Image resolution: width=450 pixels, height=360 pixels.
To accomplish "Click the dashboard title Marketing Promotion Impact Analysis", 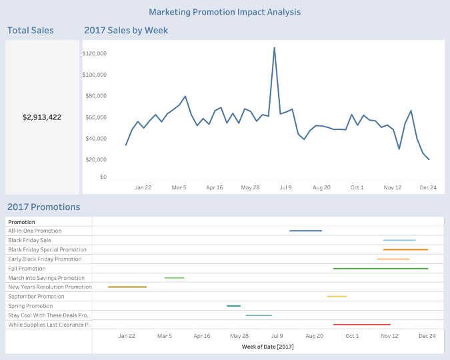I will [225, 12].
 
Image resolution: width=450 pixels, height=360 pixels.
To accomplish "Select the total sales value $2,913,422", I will [42, 117].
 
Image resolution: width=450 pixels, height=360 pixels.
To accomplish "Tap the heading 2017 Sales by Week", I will [126, 30].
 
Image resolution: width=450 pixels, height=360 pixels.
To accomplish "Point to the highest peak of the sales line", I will [274, 48].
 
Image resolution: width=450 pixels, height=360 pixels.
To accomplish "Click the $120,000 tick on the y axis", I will [94, 53].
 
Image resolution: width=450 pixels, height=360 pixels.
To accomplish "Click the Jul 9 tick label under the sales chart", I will [285, 187].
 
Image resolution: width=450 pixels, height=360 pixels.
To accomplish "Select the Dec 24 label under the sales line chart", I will [428, 187].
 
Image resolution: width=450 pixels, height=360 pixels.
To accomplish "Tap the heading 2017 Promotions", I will [43, 207].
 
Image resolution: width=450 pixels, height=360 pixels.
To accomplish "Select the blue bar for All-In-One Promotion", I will [305, 231].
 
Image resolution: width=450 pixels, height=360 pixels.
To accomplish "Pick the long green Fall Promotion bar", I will [380, 268].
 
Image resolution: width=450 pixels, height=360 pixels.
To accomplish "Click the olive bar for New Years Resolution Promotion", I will [127, 287].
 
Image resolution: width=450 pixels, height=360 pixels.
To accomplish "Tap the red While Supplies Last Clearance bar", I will [361, 324].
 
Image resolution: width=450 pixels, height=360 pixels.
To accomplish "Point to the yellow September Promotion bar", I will [337, 296].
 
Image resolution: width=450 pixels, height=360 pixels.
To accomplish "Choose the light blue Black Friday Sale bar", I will [399, 240].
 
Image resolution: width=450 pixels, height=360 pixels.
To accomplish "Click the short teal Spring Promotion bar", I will [233, 305].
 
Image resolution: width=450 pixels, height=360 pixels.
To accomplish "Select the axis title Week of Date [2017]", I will [267, 346].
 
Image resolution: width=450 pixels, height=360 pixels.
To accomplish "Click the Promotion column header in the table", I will [21, 222].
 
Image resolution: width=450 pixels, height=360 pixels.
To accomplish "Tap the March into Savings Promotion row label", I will [46, 277].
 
